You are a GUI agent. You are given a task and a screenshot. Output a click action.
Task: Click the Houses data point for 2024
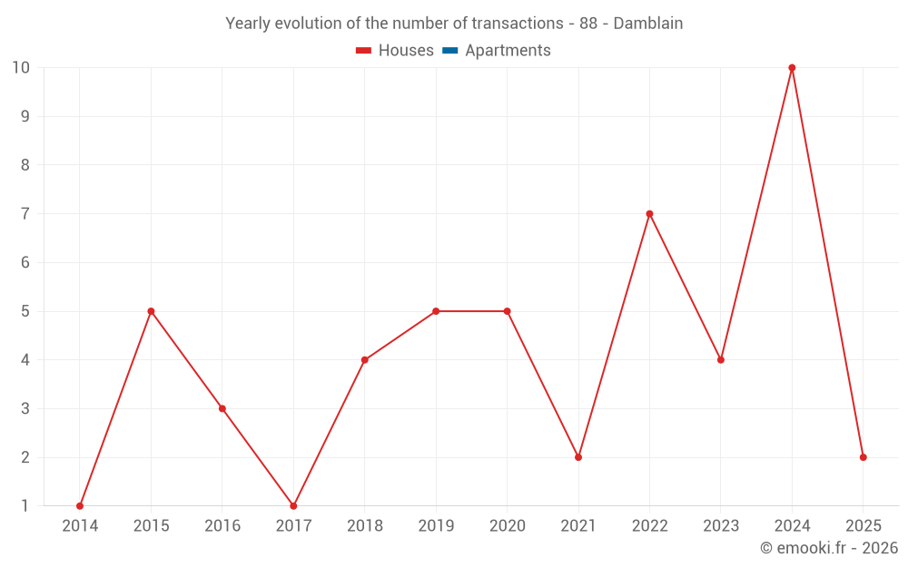pyautogui.click(x=792, y=68)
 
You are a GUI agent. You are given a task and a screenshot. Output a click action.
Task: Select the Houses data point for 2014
pyautogui.click(x=80, y=505)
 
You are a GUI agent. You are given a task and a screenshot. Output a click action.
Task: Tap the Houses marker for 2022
pyautogui.click(x=649, y=214)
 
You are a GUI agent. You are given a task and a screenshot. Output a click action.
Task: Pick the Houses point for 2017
pyautogui.click(x=293, y=505)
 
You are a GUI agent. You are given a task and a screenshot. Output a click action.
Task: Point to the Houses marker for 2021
pyautogui.click(x=578, y=457)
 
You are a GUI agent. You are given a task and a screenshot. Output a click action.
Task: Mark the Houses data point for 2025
pyautogui.click(x=863, y=457)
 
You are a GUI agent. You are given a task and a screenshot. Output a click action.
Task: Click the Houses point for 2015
pyautogui.click(x=151, y=311)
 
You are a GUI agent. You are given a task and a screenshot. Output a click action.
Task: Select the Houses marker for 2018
pyautogui.click(x=364, y=360)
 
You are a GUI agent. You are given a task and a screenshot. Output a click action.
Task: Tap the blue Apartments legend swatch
pyautogui.click(x=449, y=51)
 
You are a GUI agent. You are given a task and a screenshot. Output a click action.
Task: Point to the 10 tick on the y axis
pyautogui.click(x=21, y=68)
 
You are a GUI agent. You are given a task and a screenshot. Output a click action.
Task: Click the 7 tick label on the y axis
pyautogui.click(x=25, y=214)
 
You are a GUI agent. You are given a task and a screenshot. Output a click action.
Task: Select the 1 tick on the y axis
pyautogui.click(x=25, y=505)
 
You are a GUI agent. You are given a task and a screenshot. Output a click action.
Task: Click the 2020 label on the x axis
pyautogui.click(x=507, y=526)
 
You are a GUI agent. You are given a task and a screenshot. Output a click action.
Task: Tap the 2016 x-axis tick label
pyautogui.click(x=222, y=526)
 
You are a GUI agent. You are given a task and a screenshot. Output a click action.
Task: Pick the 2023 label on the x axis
pyautogui.click(x=720, y=526)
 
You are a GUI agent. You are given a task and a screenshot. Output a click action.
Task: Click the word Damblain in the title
pyautogui.click(x=647, y=24)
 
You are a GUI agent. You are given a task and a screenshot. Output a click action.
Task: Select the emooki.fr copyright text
pyautogui.click(x=829, y=548)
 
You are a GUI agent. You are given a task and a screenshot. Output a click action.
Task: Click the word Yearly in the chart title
pyautogui.click(x=248, y=24)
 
